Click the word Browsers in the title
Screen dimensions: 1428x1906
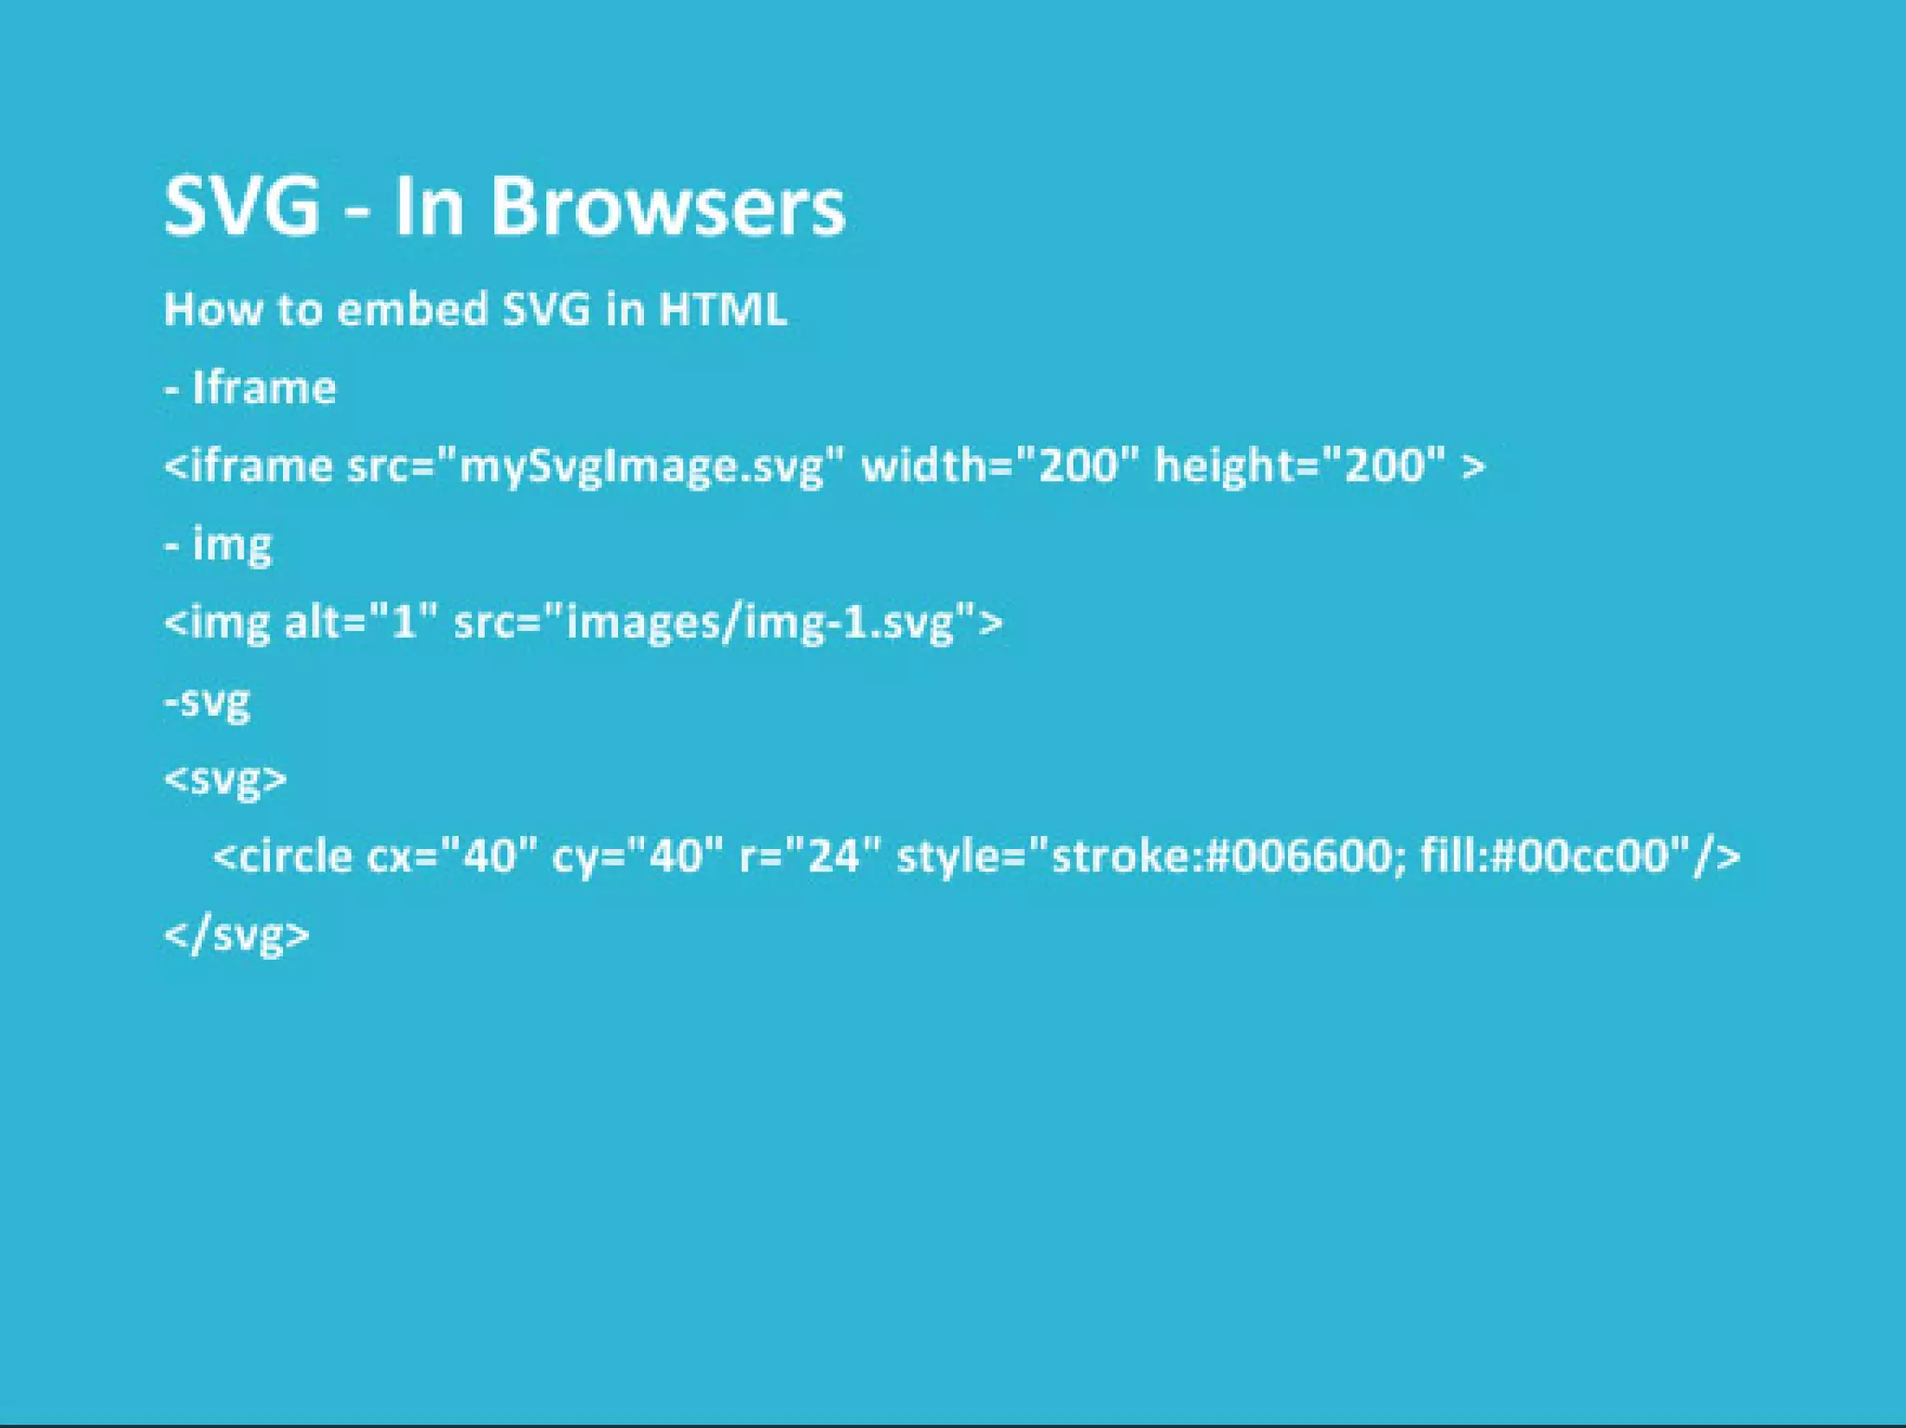tap(666, 206)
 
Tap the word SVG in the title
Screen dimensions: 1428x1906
tap(242, 206)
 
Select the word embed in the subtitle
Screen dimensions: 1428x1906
tap(411, 309)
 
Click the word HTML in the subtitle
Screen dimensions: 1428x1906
tap(722, 309)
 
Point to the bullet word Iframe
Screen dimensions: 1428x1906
tap(263, 387)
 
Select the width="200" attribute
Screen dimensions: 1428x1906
tap(1000, 465)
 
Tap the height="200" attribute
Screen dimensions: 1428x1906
tap(1300, 465)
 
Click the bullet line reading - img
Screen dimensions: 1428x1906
tap(219, 545)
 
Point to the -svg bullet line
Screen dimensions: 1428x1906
tap(208, 701)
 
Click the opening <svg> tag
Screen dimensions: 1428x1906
tap(226, 779)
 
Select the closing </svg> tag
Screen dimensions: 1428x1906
tap(237, 935)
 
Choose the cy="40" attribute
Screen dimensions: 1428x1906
tap(638, 856)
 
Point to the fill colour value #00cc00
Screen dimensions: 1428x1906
tap(1582, 856)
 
